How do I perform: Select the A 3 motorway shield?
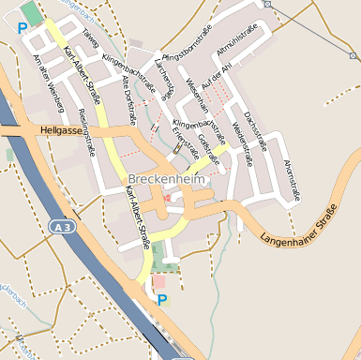pos(62,227)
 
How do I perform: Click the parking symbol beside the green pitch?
pos(22,28)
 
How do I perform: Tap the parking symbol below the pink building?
pos(161,300)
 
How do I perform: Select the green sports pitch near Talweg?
pos(33,13)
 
